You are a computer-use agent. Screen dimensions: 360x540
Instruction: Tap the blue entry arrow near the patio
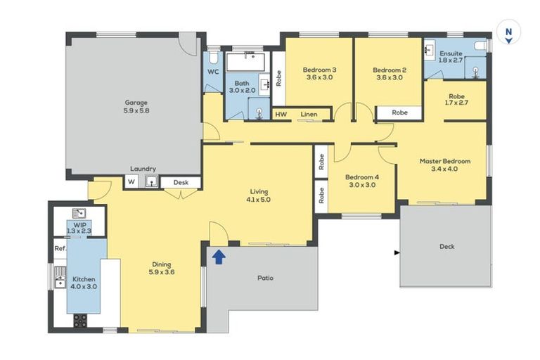point(219,257)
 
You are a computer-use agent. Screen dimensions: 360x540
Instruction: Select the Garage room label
point(136,103)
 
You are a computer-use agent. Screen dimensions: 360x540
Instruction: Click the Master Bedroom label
point(444,161)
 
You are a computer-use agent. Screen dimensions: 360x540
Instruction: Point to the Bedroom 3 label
point(319,70)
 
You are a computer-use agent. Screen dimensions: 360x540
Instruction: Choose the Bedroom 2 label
point(389,70)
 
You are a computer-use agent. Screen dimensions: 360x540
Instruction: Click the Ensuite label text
point(451,54)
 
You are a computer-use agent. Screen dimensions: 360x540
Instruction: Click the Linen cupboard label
point(308,114)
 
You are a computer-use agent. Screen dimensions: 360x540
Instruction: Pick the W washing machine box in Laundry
point(131,182)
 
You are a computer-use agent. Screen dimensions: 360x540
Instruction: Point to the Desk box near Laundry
point(181,182)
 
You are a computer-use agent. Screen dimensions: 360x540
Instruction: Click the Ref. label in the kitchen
point(60,248)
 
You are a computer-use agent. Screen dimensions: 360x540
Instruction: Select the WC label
point(213,72)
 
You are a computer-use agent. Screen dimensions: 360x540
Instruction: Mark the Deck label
point(446,247)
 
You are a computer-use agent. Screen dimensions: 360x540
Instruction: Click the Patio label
point(265,278)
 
